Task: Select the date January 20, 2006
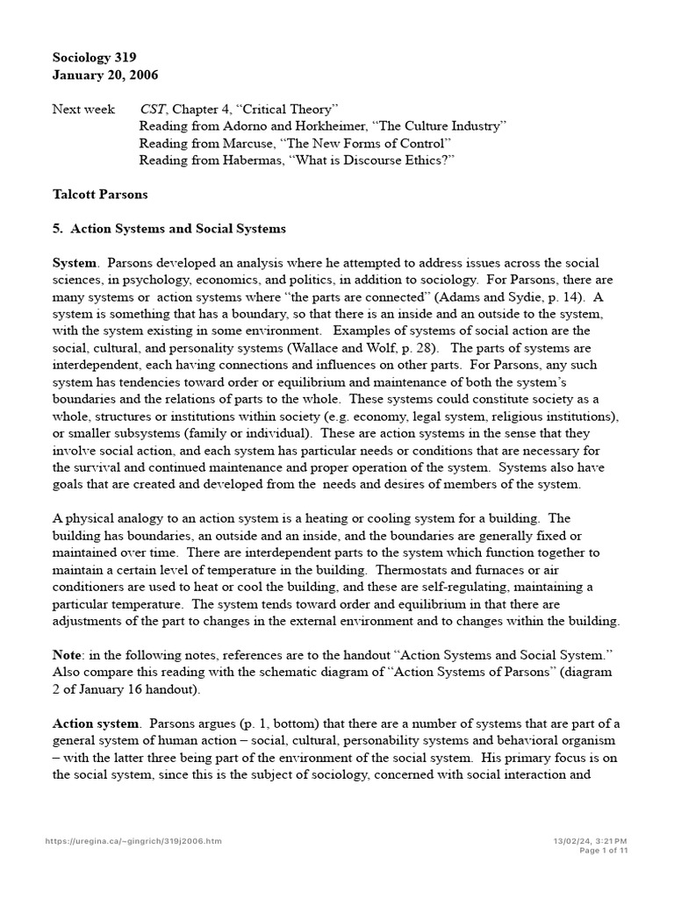pyautogui.click(x=105, y=75)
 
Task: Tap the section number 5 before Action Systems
pyautogui.click(x=57, y=228)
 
